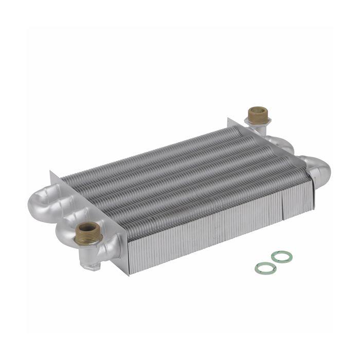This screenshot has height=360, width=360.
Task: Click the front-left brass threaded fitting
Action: click(88, 232)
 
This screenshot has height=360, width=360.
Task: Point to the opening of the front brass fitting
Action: click(88, 227)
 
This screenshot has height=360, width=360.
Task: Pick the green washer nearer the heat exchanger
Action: click(281, 257)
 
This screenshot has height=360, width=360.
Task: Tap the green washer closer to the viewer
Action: click(265, 268)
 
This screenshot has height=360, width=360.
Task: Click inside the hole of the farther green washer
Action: click(281, 257)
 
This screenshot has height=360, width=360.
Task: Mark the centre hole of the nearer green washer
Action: click(265, 268)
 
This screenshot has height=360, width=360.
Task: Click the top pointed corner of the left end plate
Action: click(52, 174)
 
